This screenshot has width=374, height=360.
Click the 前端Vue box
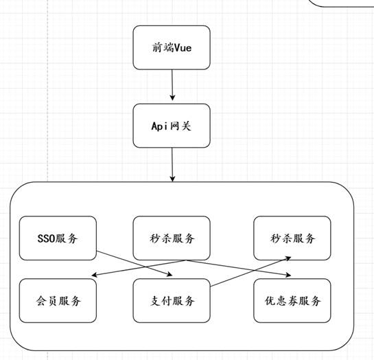(x=172, y=47)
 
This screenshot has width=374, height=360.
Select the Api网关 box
(x=172, y=126)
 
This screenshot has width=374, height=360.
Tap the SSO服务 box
(x=58, y=238)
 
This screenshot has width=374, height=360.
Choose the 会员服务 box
(x=58, y=300)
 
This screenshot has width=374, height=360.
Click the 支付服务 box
(x=172, y=300)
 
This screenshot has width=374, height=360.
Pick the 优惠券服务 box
(x=292, y=300)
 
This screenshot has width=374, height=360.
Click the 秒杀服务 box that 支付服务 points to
(x=292, y=238)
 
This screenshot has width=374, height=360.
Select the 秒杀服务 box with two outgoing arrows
(x=172, y=238)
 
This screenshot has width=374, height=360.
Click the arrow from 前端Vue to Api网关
(x=172, y=85)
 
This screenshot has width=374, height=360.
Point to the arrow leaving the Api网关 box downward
(x=172, y=165)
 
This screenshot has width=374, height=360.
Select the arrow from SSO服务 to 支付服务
(x=134, y=263)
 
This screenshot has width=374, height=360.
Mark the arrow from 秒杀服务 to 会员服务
(x=139, y=268)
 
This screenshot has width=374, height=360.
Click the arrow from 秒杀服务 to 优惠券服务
(x=239, y=268)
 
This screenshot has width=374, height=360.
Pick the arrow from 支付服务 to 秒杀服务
(x=251, y=271)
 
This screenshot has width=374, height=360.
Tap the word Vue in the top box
(x=183, y=47)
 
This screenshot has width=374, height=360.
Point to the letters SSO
(x=46, y=238)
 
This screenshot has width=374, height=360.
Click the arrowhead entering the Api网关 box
(x=172, y=98)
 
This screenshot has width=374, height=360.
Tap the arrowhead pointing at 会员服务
(x=95, y=275)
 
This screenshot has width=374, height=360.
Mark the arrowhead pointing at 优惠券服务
(x=288, y=275)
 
